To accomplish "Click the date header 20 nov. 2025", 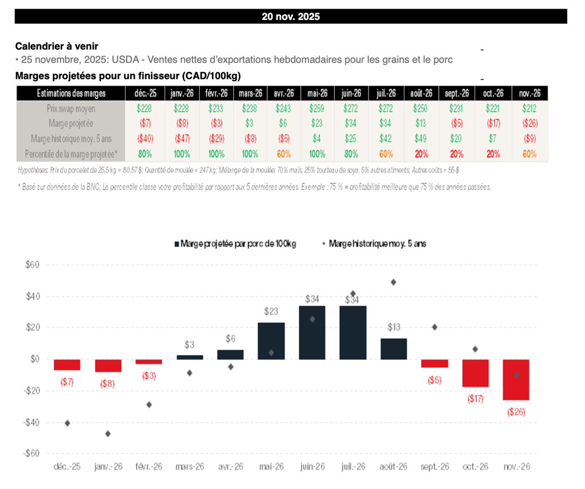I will tap(291, 17).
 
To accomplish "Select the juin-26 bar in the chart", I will tap(312, 332).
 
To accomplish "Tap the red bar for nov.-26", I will tap(516, 379).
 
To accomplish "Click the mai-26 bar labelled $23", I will tap(271, 340).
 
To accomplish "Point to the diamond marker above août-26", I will tap(394, 282).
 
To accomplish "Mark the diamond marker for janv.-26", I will tap(108, 434).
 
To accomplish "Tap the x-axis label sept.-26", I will tap(435, 467).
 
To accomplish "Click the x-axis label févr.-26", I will tap(149, 467).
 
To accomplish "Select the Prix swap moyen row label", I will tap(71, 109).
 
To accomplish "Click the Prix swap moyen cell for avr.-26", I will tap(283, 109).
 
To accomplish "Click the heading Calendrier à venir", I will tap(56, 46).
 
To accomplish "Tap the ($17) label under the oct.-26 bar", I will tap(475, 399).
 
